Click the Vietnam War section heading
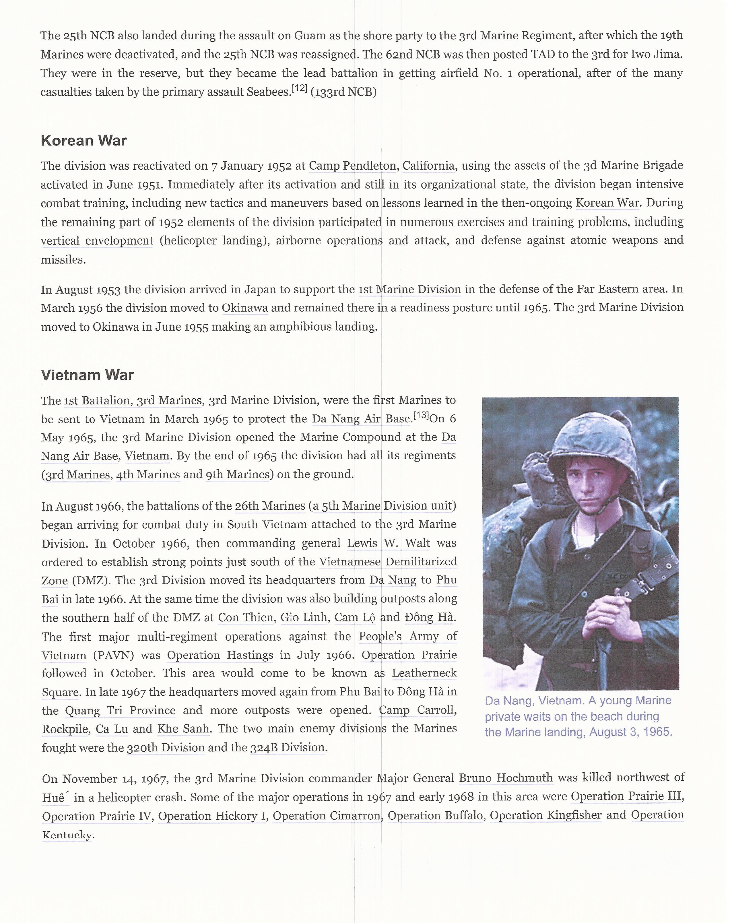[87, 375]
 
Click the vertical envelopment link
[97, 241]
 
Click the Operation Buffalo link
[436, 815]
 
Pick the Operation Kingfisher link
[545, 815]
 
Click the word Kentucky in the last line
[67, 835]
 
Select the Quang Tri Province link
[120, 711]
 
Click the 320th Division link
[166, 748]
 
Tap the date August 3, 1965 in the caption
[630, 732]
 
